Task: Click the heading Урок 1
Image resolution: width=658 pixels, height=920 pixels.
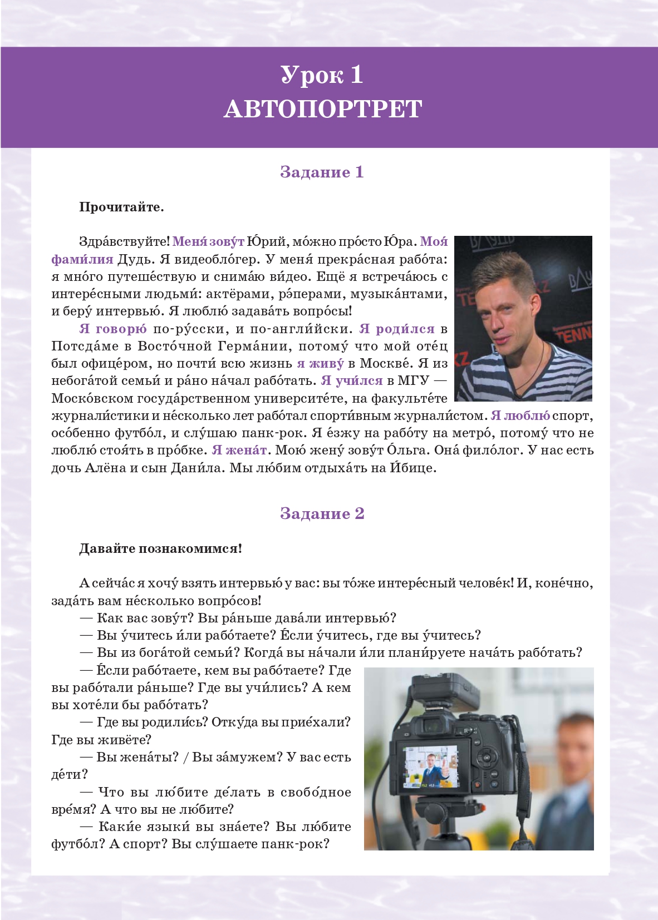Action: [322, 75]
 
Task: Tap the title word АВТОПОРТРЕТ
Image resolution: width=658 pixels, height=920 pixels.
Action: [323, 109]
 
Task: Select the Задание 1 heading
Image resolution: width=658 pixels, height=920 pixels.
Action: [322, 172]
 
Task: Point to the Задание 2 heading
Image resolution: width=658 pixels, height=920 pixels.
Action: [322, 513]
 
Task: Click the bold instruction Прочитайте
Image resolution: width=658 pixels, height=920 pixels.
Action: [121, 207]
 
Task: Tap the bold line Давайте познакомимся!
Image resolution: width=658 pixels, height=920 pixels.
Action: [160, 549]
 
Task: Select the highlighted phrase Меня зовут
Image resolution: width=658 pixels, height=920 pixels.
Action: [208, 242]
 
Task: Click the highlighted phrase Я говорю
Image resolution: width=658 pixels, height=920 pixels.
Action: [113, 329]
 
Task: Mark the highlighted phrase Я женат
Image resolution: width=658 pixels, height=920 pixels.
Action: [239, 450]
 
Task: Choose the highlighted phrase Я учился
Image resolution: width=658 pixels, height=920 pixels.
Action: [352, 381]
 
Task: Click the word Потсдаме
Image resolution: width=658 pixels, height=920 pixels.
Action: [85, 346]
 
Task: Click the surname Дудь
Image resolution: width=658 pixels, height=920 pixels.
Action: [134, 260]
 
